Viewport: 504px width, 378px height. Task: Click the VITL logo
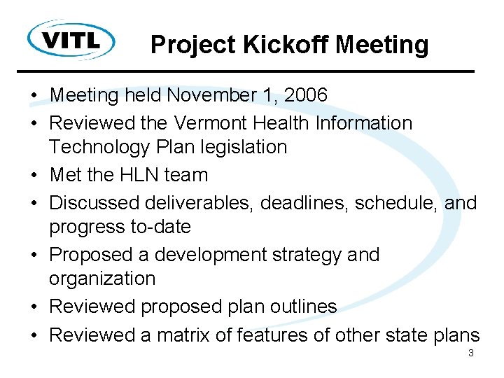click(x=71, y=40)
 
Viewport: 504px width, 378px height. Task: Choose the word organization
click(x=102, y=279)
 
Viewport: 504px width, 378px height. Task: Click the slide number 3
click(x=470, y=353)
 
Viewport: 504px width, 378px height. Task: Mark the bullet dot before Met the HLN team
click(x=34, y=176)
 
